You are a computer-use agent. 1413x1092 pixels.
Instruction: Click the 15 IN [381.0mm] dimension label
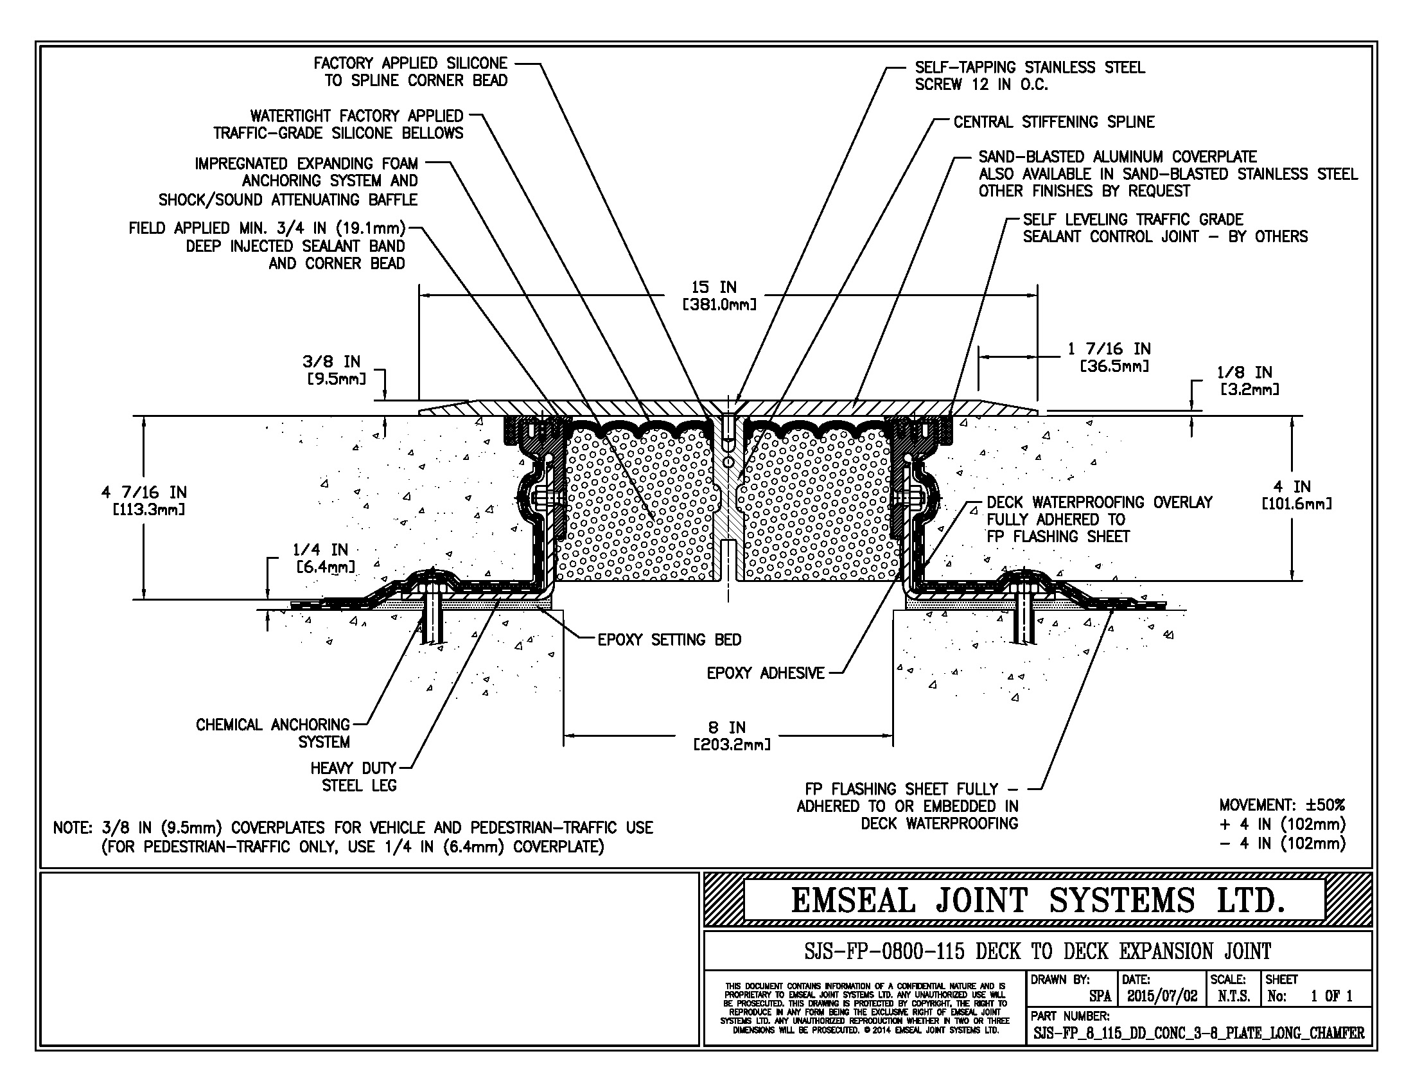click(x=719, y=295)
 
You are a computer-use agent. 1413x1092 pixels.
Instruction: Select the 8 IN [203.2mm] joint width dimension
click(x=731, y=736)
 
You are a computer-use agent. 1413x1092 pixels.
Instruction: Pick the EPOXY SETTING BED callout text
click(x=669, y=640)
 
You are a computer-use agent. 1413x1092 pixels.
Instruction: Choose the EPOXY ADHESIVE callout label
click(x=766, y=673)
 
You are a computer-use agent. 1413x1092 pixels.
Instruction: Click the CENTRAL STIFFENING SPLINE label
click(x=1054, y=122)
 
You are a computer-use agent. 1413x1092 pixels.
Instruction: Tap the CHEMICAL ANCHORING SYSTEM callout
click(x=273, y=733)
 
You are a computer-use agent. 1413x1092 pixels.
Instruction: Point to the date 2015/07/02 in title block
click(x=1162, y=996)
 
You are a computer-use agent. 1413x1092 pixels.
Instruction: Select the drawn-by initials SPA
click(x=1100, y=996)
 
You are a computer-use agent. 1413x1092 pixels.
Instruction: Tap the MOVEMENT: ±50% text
click(x=1282, y=806)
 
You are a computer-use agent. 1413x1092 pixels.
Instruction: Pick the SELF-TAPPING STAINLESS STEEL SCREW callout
click(x=1030, y=76)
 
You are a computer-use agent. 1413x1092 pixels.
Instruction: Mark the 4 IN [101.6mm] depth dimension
click(x=1297, y=495)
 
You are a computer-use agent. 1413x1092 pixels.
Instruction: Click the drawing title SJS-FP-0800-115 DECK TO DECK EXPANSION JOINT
click(x=1037, y=951)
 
